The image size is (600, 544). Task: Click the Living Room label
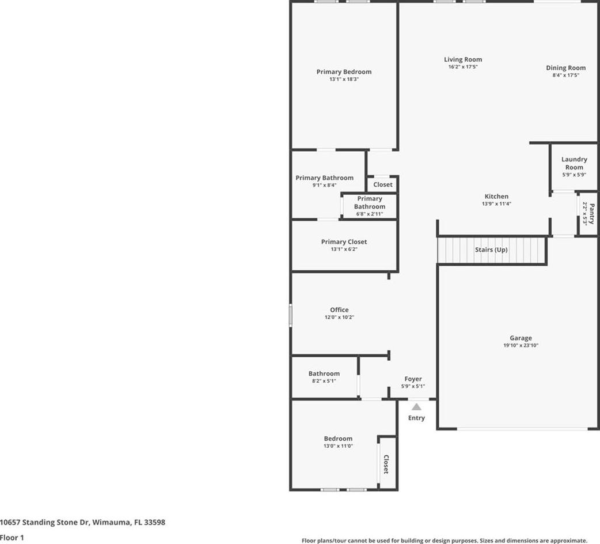click(463, 59)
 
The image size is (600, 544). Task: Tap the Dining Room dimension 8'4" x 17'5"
click(565, 75)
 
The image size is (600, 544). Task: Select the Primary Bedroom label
click(344, 71)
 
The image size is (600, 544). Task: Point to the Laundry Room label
click(574, 163)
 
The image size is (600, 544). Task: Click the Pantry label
click(591, 214)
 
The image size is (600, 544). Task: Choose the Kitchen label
click(497, 197)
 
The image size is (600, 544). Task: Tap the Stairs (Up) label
click(491, 250)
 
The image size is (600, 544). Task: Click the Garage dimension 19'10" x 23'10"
click(521, 345)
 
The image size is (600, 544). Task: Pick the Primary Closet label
click(344, 242)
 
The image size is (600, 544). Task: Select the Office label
click(339, 309)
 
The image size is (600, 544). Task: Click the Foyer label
click(413, 379)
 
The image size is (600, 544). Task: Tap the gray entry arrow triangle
click(416, 407)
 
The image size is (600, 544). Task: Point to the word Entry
click(416, 418)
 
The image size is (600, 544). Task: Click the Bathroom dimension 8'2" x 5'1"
click(324, 381)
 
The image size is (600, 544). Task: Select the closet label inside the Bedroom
click(386, 464)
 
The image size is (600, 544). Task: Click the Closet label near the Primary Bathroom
click(383, 184)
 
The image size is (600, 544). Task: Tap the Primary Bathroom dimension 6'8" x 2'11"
click(370, 214)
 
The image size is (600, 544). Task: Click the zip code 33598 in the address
click(154, 522)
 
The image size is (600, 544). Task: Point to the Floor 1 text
click(12, 538)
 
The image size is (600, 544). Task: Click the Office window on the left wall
click(290, 315)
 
